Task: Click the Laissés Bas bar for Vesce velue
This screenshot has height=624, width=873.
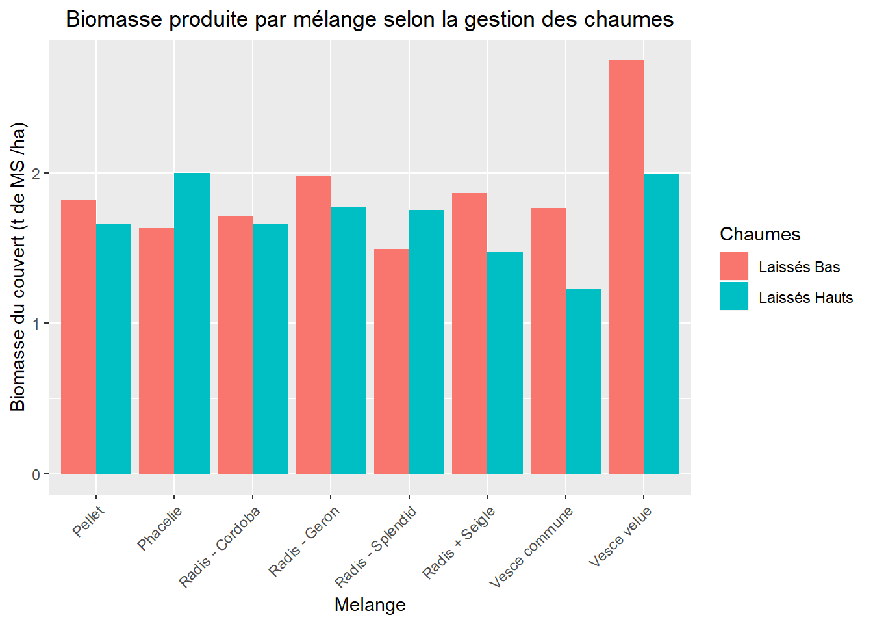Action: (x=626, y=266)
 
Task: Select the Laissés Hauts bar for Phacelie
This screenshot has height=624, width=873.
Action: (x=192, y=323)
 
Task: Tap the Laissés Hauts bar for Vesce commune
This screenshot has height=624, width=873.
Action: (x=583, y=381)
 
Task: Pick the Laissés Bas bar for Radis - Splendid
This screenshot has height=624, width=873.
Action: (x=392, y=361)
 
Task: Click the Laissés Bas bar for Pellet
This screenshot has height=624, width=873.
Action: (x=79, y=336)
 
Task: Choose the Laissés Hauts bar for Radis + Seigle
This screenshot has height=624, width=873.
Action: (x=505, y=362)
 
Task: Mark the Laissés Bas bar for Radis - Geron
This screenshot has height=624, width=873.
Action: (x=313, y=324)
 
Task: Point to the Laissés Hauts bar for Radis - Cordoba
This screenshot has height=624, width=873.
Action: (x=270, y=348)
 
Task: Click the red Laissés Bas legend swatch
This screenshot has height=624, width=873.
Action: (x=734, y=266)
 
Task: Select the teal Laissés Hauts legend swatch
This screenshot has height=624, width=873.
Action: (x=734, y=296)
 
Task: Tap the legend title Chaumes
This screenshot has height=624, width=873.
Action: (x=760, y=234)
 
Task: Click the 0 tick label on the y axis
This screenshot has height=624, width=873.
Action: (x=36, y=474)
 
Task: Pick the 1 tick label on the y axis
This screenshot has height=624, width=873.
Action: (x=36, y=324)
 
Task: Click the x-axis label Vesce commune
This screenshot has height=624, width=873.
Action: (x=531, y=547)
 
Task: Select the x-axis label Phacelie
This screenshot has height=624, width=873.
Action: (x=160, y=528)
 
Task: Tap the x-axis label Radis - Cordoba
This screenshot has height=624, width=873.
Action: (x=220, y=547)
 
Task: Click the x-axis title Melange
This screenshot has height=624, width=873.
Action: (x=370, y=604)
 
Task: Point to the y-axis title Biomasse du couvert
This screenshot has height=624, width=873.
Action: (x=18, y=266)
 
